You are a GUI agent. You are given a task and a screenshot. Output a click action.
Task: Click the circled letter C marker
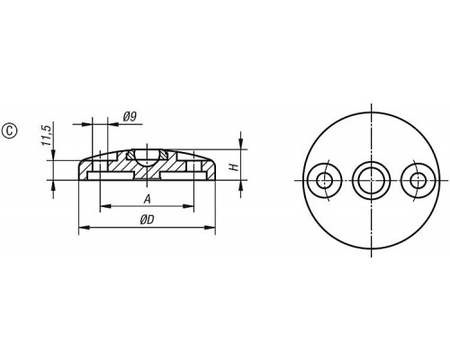point(10,131)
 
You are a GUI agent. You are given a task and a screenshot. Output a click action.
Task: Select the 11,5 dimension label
point(47,136)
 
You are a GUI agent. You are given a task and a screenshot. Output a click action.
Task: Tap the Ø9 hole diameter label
point(130,116)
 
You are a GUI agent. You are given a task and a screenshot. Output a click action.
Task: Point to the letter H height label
point(235,167)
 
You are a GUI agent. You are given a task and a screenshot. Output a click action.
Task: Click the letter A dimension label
point(147,199)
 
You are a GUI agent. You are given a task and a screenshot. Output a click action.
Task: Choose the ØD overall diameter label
point(147,220)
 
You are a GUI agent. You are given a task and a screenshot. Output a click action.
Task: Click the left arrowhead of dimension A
point(105,206)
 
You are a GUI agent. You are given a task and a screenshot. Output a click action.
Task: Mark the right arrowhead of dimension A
point(188,206)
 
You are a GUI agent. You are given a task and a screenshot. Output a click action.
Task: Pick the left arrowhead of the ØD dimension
point(85,228)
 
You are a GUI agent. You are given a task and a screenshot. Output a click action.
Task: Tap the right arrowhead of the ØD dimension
point(210,228)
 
